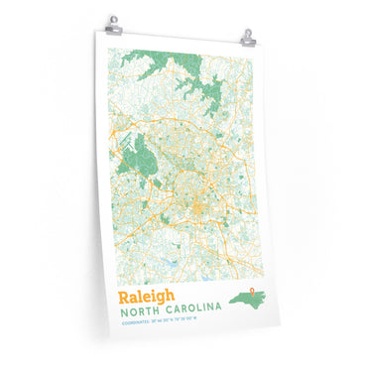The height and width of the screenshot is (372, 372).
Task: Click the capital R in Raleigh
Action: click(x=124, y=298)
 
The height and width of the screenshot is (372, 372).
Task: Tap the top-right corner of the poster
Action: click(x=255, y=45)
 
